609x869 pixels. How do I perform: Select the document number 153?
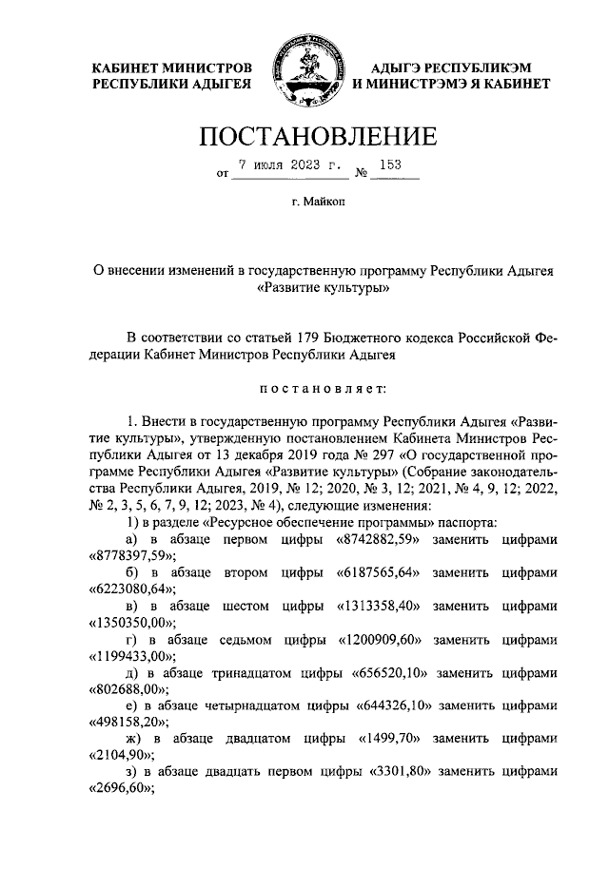(x=390, y=164)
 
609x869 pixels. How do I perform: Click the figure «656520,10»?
(x=390, y=672)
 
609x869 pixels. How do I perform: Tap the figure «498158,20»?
(x=129, y=723)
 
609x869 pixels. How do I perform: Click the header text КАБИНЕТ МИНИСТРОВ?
(x=171, y=68)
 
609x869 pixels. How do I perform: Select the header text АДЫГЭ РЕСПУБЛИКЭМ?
(x=450, y=68)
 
